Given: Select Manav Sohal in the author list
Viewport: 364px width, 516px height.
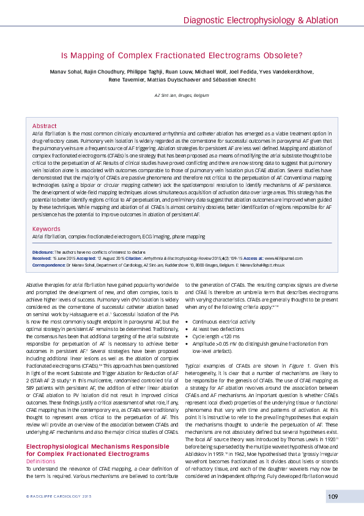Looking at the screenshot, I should tap(65, 72).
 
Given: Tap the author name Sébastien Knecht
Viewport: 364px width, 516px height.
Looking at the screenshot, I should tap(236, 80).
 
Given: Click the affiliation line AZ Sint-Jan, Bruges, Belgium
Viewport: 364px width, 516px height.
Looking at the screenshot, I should tap(182, 96).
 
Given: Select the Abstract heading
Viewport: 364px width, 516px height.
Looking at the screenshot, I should tap(44, 125).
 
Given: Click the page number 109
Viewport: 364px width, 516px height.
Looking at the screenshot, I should tap(333, 496).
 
